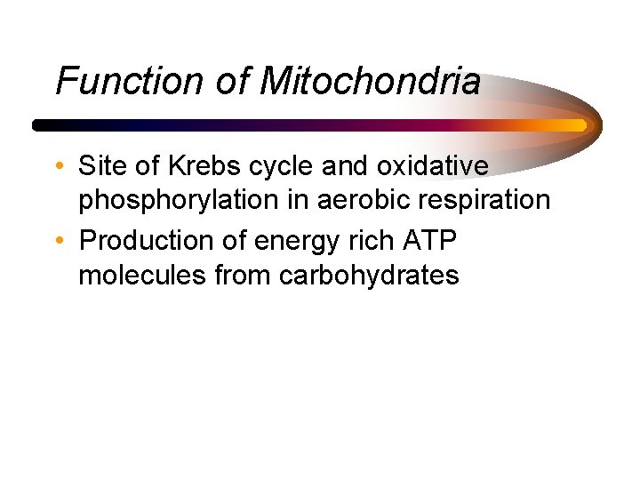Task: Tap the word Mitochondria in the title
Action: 370,82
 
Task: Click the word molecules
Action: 142,276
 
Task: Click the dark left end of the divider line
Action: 38,125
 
